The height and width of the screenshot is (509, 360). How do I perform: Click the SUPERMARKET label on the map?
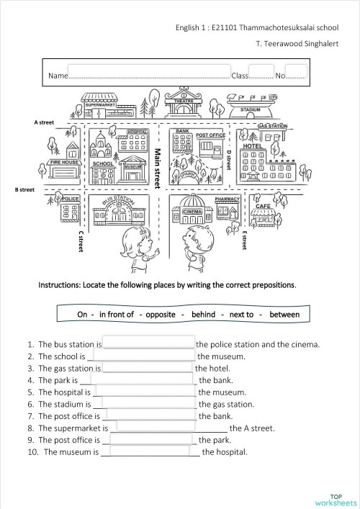[101, 105]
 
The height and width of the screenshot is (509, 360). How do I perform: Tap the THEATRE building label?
[180, 102]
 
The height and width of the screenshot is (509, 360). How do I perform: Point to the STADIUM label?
[250, 110]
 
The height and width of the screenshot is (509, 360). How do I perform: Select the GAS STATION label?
[272, 126]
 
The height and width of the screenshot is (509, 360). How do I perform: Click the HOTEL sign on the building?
[252, 146]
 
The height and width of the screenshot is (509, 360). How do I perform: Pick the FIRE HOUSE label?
[64, 163]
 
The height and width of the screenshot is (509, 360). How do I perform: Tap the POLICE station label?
[71, 198]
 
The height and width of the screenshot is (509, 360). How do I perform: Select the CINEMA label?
[192, 212]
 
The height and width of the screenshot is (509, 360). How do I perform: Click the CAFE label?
[262, 206]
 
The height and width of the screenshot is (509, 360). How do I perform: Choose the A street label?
[44, 122]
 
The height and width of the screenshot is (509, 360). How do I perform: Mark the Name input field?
[148, 75]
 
